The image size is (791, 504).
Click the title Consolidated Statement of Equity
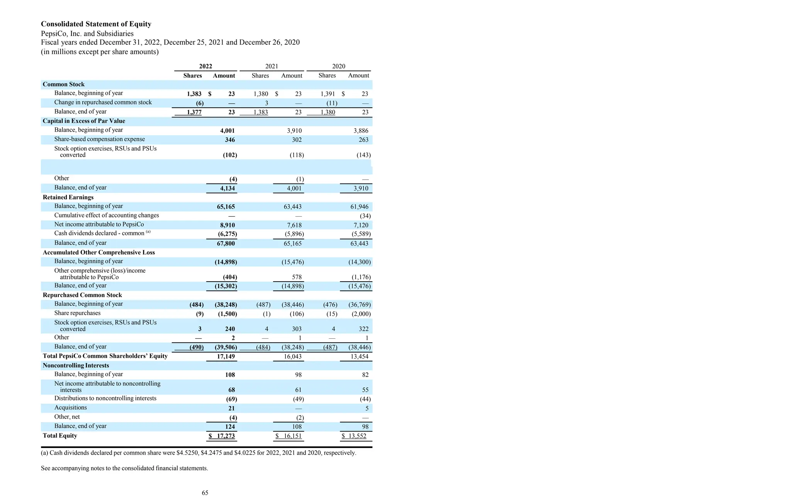(x=96, y=24)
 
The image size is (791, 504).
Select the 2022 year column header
(x=205, y=66)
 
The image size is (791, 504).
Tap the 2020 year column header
(x=338, y=66)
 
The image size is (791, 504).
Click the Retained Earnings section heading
(x=68, y=197)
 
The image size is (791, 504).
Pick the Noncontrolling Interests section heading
(x=76, y=365)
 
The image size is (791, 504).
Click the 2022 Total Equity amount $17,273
(x=222, y=436)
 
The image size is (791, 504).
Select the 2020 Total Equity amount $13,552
(x=354, y=436)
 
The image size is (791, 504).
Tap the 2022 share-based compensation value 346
(x=230, y=140)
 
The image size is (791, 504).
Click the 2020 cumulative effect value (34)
(x=365, y=216)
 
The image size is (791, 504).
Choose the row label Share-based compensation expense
(x=99, y=139)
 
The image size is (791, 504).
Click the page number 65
(x=205, y=493)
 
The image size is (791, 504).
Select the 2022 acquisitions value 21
(x=231, y=409)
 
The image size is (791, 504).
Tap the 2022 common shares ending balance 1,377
(x=194, y=112)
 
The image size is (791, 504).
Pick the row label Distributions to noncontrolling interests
(x=105, y=398)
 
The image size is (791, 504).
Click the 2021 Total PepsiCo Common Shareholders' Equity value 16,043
(x=292, y=356)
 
